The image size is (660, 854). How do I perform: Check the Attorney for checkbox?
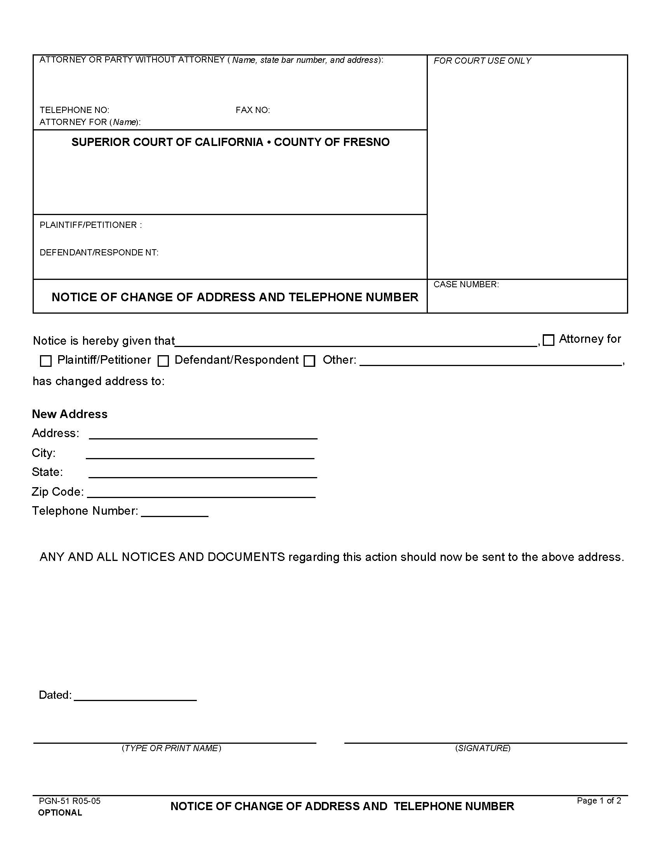click(549, 340)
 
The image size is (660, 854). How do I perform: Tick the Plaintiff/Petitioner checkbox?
click(46, 361)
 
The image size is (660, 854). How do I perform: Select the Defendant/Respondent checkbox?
click(163, 361)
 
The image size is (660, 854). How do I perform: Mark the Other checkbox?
click(309, 361)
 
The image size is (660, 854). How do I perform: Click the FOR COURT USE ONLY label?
click(482, 61)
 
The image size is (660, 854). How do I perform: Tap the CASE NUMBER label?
click(465, 284)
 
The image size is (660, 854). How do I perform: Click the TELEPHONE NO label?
click(74, 110)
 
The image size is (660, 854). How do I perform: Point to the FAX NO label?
click(253, 110)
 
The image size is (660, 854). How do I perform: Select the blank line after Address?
click(203, 435)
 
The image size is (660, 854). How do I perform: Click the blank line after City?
click(200, 455)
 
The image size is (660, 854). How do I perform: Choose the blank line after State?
click(203, 474)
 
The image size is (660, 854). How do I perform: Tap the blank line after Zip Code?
click(201, 493)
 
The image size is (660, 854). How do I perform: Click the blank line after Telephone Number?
click(174, 513)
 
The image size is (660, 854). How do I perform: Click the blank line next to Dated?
click(135, 696)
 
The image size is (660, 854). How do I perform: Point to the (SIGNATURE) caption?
click(483, 748)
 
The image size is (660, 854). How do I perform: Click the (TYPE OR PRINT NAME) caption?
click(171, 748)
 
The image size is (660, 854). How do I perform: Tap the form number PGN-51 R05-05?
click(69, 801)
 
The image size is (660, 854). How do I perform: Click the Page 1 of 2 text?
click(599, 800)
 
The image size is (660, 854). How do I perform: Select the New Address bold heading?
click(69, 414)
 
